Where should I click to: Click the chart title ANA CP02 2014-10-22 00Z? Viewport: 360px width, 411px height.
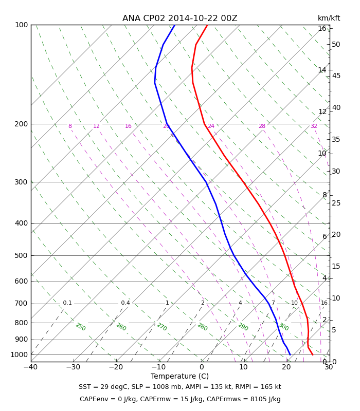[179, 18]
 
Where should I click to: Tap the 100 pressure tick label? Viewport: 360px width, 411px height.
[22, 25]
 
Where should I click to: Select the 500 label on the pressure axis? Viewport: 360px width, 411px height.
[21, 255]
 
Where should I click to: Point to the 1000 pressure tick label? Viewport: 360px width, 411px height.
[19, 354]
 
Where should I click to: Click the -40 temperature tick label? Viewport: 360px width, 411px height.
[31, 367]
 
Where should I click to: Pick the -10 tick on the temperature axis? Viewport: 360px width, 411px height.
[159, 367]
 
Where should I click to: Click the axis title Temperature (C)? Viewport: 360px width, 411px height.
[179, 376]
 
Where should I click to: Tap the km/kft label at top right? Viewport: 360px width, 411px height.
[329, 18]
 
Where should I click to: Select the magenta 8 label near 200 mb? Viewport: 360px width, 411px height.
[70, 126]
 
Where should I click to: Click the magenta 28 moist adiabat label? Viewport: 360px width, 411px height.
[262, 126]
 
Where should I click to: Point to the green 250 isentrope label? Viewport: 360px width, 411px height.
[81, 327]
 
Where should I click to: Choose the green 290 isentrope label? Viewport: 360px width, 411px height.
[243, 327]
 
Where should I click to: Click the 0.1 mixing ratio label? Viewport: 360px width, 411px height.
[67, 303]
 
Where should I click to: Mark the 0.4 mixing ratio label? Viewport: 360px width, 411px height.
[125, 303]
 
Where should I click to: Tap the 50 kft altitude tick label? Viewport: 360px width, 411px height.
[336, 44]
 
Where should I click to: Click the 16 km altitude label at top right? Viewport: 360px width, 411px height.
[322, 28]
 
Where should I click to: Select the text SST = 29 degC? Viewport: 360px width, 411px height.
[103, 387]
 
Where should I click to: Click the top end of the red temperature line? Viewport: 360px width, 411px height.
[207, 25]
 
